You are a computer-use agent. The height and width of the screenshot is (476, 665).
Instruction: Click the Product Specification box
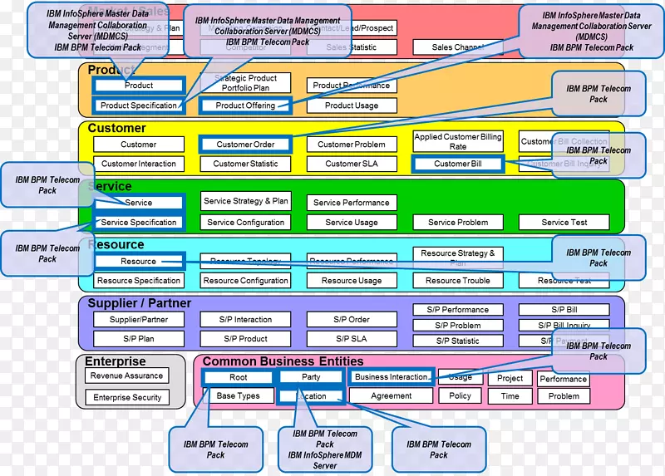pos(139,106)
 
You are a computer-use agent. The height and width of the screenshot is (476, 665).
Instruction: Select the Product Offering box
pos(245,106)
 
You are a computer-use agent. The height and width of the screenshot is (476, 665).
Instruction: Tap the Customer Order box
pos(245,145)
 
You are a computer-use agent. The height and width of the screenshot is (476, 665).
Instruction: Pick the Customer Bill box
pos(458,164)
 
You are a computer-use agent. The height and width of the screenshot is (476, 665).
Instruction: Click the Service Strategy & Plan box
pos(245,201)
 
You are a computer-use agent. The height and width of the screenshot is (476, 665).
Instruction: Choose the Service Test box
pos(564,222)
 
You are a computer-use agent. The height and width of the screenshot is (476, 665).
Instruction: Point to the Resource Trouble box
pos(458,281)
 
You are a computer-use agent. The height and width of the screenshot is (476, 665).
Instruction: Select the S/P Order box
pos(352,319)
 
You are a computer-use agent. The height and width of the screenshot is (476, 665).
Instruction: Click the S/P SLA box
pos(352,339)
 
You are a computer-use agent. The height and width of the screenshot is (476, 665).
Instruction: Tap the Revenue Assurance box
pos(126,375)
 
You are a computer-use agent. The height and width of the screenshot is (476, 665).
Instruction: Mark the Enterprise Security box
pos(126,398)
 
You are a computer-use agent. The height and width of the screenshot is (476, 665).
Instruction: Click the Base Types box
pos(239,396)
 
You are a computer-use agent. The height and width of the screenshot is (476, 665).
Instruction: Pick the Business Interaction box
pos(391,376)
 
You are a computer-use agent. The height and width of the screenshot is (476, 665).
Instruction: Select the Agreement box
pos(391,396)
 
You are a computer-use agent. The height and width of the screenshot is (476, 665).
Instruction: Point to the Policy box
pos(461,396)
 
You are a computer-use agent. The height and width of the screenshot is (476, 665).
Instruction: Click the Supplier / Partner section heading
pos(140,303)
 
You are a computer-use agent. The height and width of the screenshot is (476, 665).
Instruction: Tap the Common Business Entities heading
pos(283,361)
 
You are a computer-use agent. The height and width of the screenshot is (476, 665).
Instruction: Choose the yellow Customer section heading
pos(117,128)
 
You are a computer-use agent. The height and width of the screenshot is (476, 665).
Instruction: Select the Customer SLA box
pos(352,164)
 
